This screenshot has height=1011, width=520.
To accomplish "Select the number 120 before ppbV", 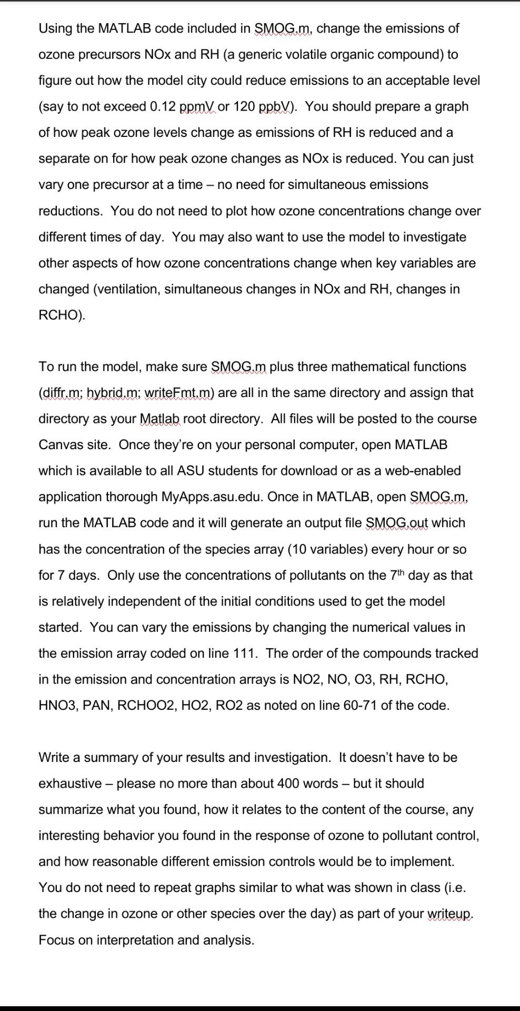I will point(244,106).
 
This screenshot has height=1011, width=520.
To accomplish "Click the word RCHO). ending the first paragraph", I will point(62,315).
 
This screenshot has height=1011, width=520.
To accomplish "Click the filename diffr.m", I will point(61,393).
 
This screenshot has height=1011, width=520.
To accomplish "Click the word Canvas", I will point(58,445).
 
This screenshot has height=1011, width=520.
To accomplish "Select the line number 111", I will point(243,653).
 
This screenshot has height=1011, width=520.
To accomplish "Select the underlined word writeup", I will point(449,914).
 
